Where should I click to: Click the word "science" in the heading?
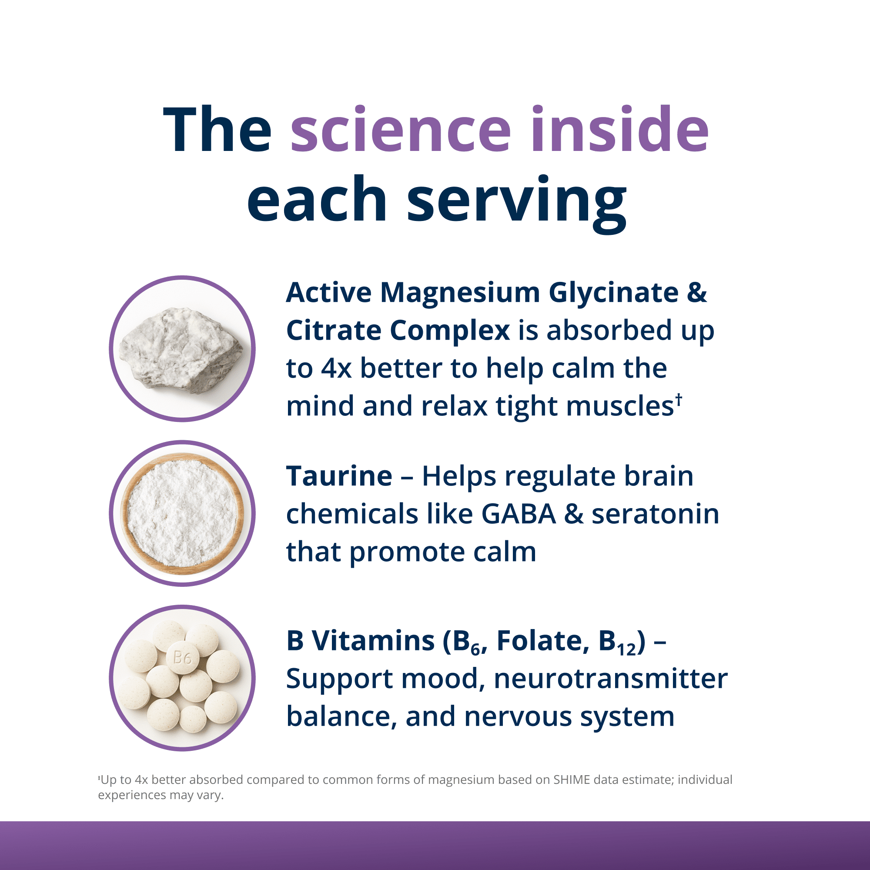(401, 129)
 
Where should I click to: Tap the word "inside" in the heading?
(619, 128)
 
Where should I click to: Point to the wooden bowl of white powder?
(182, 513)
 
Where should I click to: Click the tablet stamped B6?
(182, 658)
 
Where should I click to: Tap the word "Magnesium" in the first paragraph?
(460, 293)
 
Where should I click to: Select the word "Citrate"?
(334, 331)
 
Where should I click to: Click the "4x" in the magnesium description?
(336, 369)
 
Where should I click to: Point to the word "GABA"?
(519, 514)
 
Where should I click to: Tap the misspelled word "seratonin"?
(655, 514)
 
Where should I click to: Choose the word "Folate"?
(542, 641)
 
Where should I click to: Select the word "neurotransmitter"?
(610, 679)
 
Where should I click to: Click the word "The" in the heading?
(217, 129)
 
